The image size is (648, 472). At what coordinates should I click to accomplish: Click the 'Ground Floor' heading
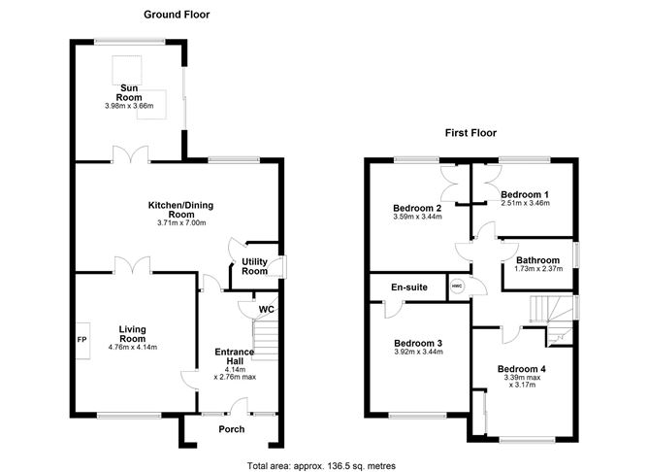[177, 15]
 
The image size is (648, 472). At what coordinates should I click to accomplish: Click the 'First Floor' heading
[471, 131]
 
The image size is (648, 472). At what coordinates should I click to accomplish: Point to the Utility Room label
[254, 266]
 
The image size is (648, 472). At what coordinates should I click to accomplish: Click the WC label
[265, 310]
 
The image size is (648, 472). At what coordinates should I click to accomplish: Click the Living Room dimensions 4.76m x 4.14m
[132, 347]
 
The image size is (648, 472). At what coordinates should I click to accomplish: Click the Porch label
[232, 429]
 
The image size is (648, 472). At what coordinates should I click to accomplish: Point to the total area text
[322, 465]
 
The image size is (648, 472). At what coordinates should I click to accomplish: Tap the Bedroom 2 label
[418, 208]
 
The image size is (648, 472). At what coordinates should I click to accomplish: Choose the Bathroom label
[537, 260]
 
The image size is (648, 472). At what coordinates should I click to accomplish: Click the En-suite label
[409, 287]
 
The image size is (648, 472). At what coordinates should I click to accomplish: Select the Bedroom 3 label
[418, 343]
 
